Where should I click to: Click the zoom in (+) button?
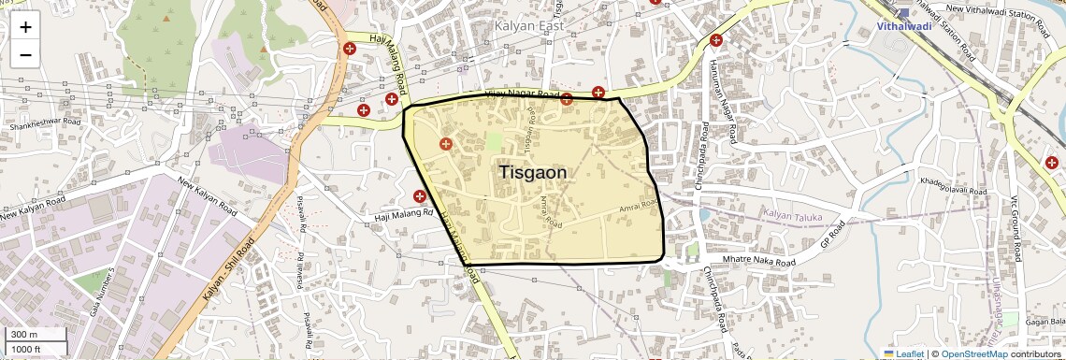coord(25,27)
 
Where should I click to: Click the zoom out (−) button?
coord(25,55)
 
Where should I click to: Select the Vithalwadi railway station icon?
coord(903,13)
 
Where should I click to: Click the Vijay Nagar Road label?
coord(522,95)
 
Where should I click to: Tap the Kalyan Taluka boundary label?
coord(791,216)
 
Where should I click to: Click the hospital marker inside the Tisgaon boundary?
coord(445,144)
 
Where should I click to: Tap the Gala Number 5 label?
coord(104,291)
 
